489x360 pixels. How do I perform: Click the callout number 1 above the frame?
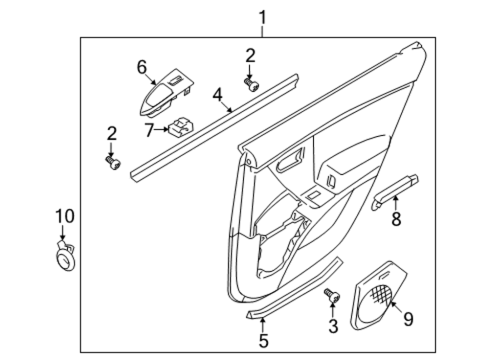pos(263,17)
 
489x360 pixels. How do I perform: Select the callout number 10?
pos(65,216)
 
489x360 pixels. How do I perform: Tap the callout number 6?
pos(142,67)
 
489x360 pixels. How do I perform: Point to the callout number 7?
pos(149,130)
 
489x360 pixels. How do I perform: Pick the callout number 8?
pos(396,218)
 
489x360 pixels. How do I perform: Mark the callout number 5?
pos(264,340)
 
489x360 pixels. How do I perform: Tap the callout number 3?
pos(333,326)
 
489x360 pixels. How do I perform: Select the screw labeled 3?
pos(332,295)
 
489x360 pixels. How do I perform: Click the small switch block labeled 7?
pos(180,127)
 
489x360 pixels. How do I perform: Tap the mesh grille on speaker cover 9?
pos(381,294)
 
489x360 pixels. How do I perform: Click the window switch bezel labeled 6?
pos(166,93)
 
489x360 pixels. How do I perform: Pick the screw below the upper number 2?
pos(251,84)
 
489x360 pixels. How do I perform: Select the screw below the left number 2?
pos(112,163)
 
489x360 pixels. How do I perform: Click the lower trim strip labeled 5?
pos(294,288)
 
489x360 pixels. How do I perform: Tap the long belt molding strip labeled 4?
pos(214,128)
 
